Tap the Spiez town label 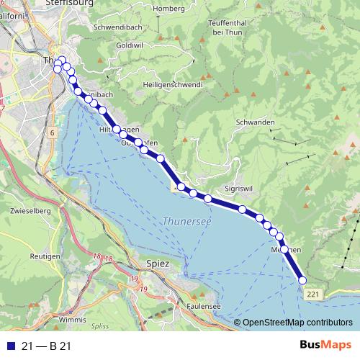(x=157, y=264)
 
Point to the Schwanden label (x=255, y=123)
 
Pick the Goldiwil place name (x=129, y=45)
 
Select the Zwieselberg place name (x=30, y=212)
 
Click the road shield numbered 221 (x=312, y=295)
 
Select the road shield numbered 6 (x=53, y=133)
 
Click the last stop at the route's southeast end (x=302, y=280)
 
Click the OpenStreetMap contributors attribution (x=297, y=322)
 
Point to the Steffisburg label (x=71, y=4)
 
